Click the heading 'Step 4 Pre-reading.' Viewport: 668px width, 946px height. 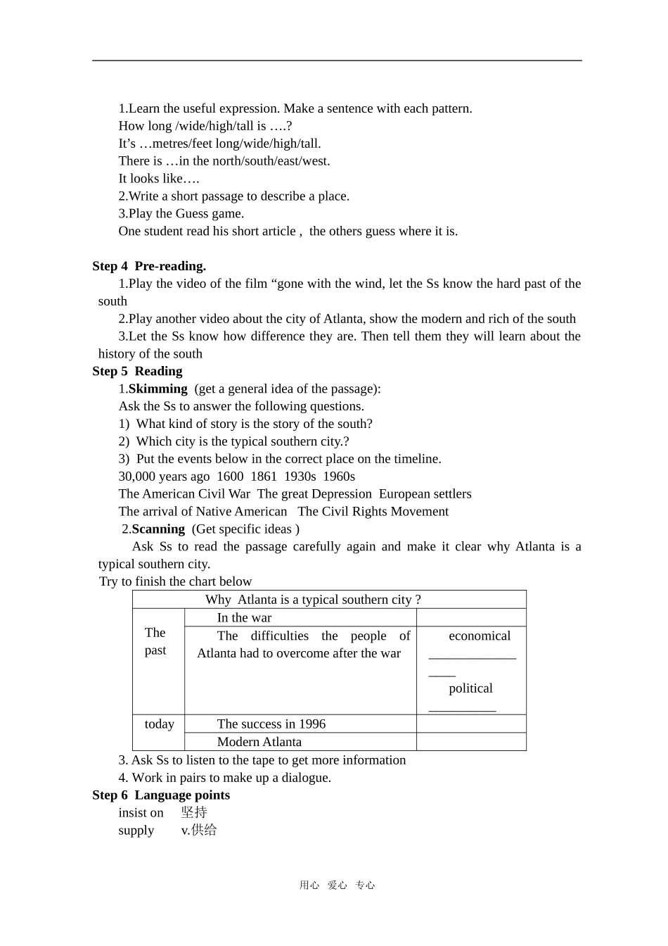pyautogui.click(x=148, y=266)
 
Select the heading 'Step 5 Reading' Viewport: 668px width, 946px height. pyautogui.click(x=137, y=371)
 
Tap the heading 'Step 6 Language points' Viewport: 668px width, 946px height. pyautogui.click(x=161, y=795)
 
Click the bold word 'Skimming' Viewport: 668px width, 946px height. pyautogui.click(x=158, y=389)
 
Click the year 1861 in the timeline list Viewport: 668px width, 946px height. pyautogui.click(x=264, y=477)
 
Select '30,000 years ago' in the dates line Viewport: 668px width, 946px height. pyautogui.click(x=164, y=477)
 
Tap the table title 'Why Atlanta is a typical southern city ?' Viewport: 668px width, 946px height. pyautogui.click(x=313, y=600)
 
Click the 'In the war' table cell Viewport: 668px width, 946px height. pyautogui.click(x=244, y=618)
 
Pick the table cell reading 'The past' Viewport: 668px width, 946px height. pyautogui.click(x=155, y=641)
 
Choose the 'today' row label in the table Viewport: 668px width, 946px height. pyautogui.click(x=159, y=724)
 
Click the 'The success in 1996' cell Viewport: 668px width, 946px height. pyautogui.click(x=271, y=724)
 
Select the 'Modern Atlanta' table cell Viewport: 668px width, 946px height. pyautogui.click(x=259, y=742)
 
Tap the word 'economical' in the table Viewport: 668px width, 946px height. pyautogui.click(x=480, y=636)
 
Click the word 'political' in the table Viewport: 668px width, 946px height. pyautogui.click(x=470, y=688)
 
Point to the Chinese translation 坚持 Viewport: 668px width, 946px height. pyautogui.click(x=194, y=812)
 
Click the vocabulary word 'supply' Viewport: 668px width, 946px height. pyautogui.click(x=136, y=830)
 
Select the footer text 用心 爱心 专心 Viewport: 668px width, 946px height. pyautogui.click(x=337, y=885)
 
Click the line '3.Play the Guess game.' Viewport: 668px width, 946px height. pyautogui.click(x=181, y=213)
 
